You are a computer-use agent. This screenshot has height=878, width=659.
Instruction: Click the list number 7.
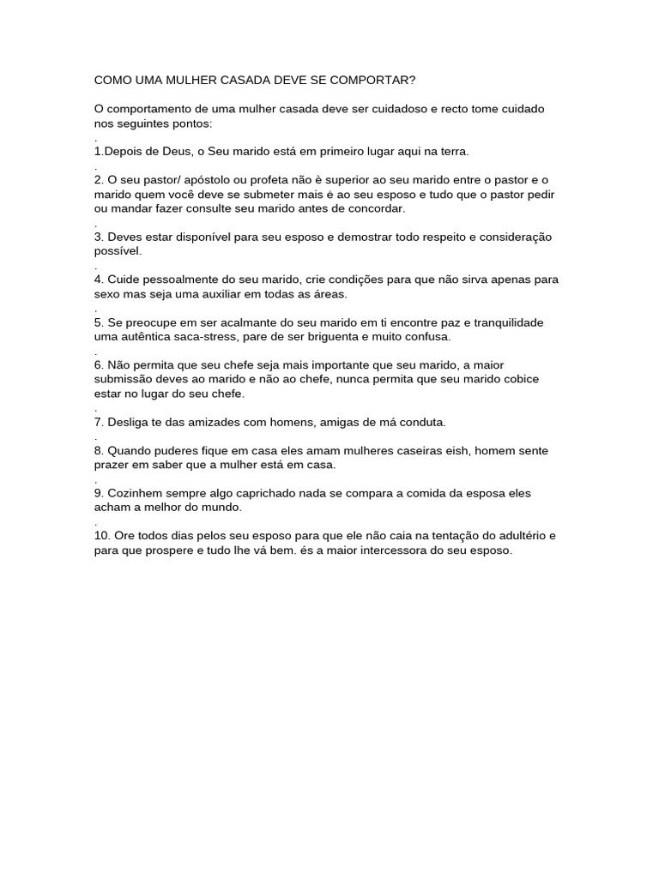pos(99,422)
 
